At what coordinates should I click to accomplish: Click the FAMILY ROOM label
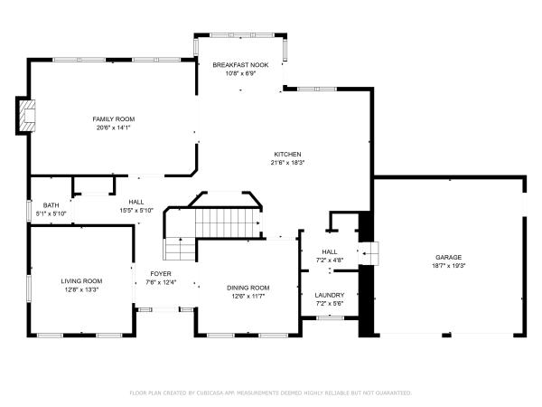coord(114,119)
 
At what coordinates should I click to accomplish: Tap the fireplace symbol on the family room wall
coord(27,116)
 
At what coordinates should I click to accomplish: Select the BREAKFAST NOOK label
coord(240,65)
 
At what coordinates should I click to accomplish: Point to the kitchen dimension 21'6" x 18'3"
coord(287,163)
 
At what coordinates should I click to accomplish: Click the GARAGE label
coord(449,257)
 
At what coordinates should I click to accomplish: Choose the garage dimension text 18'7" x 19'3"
coord(449,266)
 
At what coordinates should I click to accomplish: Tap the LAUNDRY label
coord(330,295)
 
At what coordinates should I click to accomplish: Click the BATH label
coord(51,205)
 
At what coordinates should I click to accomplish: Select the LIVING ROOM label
coord(81,281)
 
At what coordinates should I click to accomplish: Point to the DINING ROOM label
coord(248,288)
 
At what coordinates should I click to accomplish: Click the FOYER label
coord(161,274)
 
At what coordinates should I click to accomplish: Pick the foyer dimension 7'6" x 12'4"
coord(161,282)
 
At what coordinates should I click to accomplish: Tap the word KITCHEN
coord(287,154)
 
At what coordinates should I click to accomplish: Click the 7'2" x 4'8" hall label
coord(330,260)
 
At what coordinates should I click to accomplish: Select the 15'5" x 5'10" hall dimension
coord(136,211)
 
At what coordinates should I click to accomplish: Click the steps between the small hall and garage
coord(369,253)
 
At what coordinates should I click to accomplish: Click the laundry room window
coord(331,317)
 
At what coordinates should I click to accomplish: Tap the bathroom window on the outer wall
coord(29,211)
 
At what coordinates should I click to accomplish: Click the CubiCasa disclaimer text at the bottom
coord(271,393)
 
